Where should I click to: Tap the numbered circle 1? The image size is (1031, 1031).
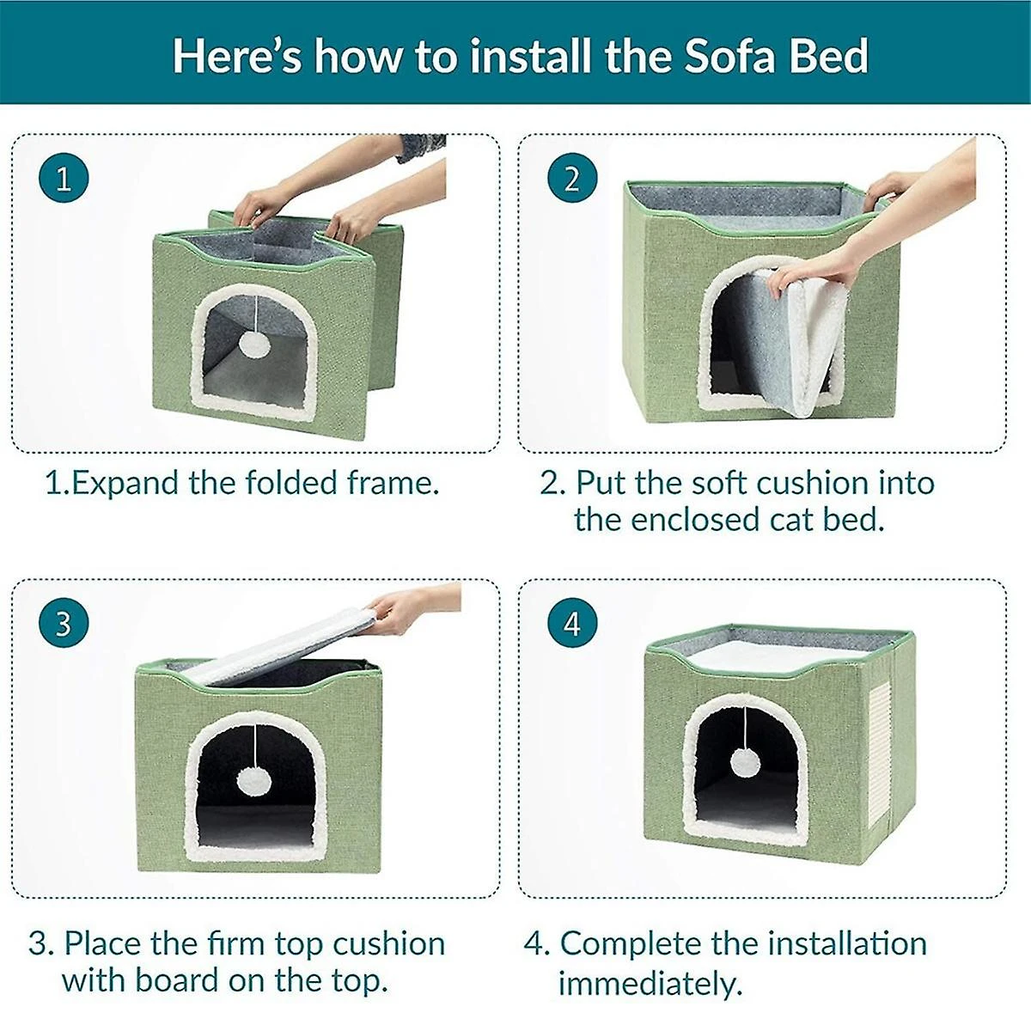pos(64,179)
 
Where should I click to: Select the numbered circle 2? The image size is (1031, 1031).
pos(572,179)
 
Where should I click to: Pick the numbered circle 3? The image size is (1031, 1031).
pos(64,623)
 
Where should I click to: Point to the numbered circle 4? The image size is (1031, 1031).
pos(572,623)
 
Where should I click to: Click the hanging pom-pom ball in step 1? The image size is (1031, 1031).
pos(254,345)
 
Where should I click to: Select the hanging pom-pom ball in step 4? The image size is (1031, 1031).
pos(743,761)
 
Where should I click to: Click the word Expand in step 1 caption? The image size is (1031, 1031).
pos(126,483)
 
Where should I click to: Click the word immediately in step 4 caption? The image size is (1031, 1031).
pos(650,983)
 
